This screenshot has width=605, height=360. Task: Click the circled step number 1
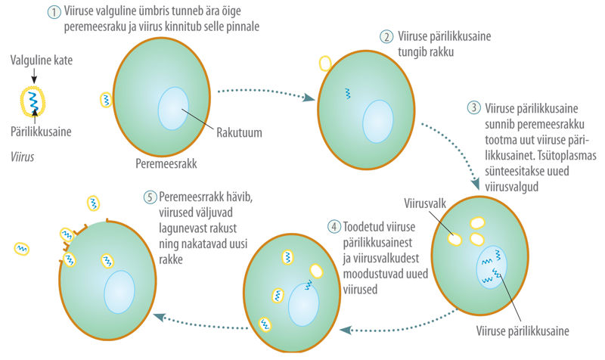click(x=54, y=12)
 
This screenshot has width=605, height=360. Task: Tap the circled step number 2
click(x=386, y=36)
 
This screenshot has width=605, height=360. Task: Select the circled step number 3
click(x=474, y=107)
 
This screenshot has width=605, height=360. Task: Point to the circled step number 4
click(x=334, y=226)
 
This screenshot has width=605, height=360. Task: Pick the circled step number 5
click(x=150, y=197)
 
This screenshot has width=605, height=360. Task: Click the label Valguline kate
click(x=42, y=61)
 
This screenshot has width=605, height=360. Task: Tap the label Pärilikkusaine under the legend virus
click(x=41, y=132)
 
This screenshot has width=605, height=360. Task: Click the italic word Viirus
click(x=23, y=157)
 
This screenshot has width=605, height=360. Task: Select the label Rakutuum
click(x=239, y=132)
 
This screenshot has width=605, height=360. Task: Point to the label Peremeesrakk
click(x=166, y=163)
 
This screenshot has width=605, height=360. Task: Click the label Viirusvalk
click(x=425, y=203)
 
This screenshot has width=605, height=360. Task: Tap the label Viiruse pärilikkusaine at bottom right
click(x=523, y=331)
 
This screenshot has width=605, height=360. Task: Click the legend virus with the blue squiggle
click(x=33, y=101)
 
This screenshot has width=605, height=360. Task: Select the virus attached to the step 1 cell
click(x=106, y=100)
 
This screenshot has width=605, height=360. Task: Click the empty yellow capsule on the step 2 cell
click(x=325, y=64)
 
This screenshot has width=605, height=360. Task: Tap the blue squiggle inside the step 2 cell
click(x=348, y=93)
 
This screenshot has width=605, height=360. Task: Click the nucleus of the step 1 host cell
click(x=173, y=108)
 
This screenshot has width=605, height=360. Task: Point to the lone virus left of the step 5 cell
click(x=22, y=249)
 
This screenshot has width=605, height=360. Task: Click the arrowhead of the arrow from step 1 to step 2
click(x=309, y=98)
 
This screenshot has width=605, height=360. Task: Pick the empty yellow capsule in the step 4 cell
click(x=316, y=271)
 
